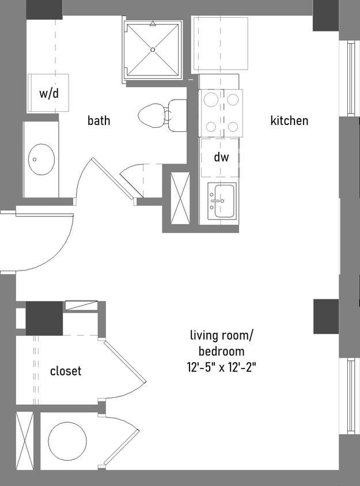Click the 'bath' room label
(x=98, y=121)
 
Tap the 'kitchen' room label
(x=289, y=121)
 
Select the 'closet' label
(x=66, y=371)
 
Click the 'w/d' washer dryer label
(x=49, y=93)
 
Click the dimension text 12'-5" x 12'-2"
(x=221, y=367)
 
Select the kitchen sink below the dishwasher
(x=222, y=202)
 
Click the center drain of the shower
(x=153, y=50)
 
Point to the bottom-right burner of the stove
(x=233, y=126)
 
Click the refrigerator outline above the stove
(x=220, y=43)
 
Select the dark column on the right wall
(x=326, y=316)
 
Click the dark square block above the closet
(x=44, y=318)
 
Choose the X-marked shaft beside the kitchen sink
(x=180, y=198)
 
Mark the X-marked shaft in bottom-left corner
(x=25, y=441)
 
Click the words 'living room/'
(x=221, y=335)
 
